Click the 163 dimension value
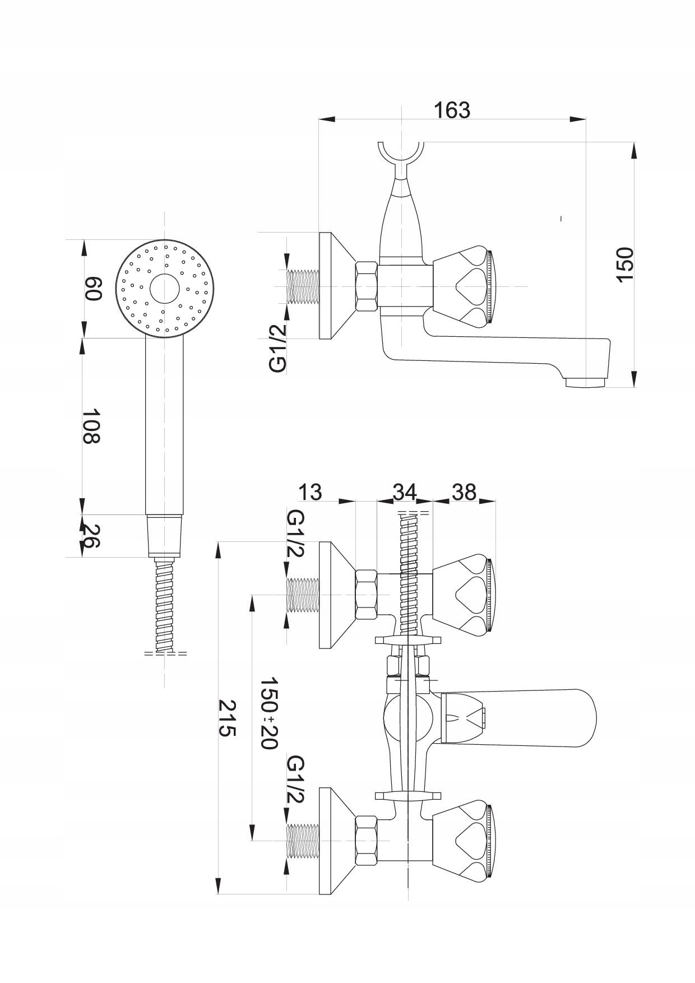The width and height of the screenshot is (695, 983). point(452,110)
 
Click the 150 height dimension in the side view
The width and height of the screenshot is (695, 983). point(623,264)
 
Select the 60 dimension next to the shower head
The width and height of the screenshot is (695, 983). point(93,288)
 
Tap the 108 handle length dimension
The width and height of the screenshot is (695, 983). point(92,425)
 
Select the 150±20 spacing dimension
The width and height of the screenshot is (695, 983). point(270,713)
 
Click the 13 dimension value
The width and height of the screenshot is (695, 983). point(309,492)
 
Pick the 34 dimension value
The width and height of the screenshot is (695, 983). point(404,492)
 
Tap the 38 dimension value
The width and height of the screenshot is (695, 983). point(464,492)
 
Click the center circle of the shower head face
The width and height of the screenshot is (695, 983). point(164,289)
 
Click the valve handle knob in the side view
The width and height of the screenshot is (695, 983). point(464,286)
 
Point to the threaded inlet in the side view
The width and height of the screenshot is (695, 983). point(303,286)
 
